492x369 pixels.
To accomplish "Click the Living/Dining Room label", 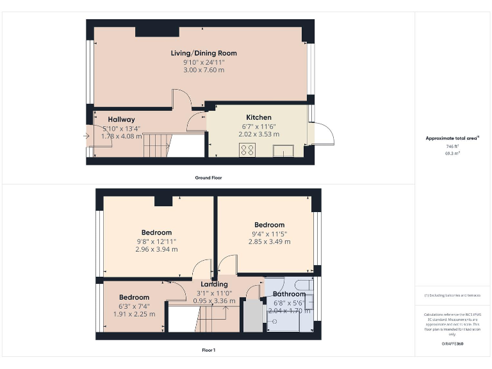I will [203, 53].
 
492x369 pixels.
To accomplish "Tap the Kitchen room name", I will [259, 117].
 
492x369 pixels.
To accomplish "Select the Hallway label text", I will [121, 119].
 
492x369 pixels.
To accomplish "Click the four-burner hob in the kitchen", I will [247, 150].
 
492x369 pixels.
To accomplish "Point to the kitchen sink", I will [283, 151].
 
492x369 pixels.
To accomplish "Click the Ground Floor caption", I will [208, 177].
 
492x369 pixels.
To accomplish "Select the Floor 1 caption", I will [208, 350].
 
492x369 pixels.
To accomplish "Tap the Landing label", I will [214, 284].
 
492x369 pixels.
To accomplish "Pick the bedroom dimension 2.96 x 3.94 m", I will [156, 250].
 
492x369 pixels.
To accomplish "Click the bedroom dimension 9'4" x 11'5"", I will [269, 233].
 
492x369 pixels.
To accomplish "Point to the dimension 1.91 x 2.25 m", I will [134, 314].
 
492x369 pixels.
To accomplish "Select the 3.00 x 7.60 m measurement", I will [203, 70].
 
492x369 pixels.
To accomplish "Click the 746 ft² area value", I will [453, 147].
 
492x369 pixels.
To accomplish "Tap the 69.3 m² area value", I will [453, 154].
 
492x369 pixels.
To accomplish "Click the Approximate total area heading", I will [452, 138].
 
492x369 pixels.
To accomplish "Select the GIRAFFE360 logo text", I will [453, 344].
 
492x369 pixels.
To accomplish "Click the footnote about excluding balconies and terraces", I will [453, 295].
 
